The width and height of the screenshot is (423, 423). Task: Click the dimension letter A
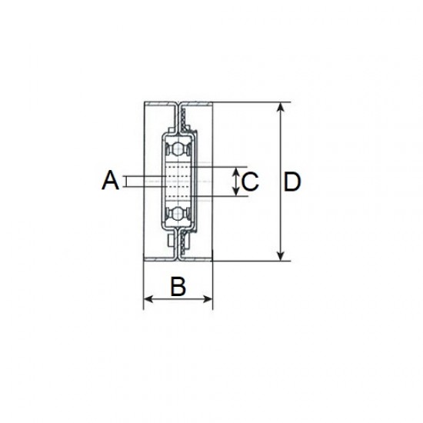110,180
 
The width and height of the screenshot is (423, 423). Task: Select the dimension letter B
178,286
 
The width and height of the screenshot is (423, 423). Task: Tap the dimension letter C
251,182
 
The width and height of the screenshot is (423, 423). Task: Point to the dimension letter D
292,182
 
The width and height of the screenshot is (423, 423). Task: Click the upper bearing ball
178,148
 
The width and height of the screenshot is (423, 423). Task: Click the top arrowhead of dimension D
281,107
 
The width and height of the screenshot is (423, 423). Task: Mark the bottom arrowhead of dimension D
281,256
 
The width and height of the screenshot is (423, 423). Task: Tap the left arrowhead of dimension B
148,299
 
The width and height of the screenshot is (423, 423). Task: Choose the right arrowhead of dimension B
208,299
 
